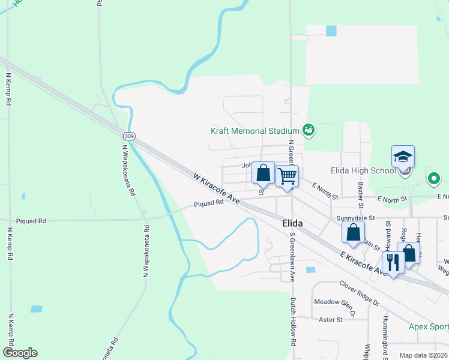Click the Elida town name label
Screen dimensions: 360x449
point(292,223)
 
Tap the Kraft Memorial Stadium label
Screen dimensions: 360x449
point(255,131)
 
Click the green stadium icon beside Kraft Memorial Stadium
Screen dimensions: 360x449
point(308,129)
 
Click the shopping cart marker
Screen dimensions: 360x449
point(288,176)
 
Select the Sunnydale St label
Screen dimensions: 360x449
point(355,218)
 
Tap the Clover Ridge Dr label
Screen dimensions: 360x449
point(360,292)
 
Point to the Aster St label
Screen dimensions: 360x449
point(331,320)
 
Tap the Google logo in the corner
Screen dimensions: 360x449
point(20,353)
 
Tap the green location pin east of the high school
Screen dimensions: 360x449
point(433,178)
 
